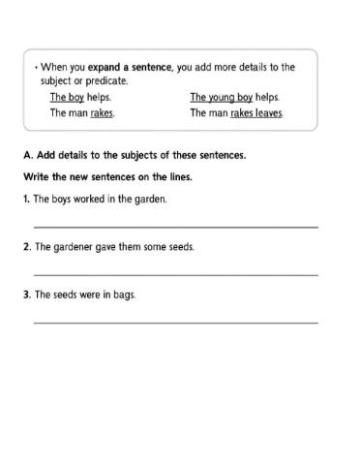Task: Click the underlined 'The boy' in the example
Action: (x=66, y=98)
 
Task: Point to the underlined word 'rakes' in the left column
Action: (x=102, y=113)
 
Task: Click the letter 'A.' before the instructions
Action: (x=27, y=155)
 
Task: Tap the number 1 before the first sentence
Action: (x=26, y=199)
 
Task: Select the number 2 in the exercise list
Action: (x=26, y=247)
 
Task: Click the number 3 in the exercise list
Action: (x=26, y=294)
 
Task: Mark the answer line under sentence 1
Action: (x=176, y=227)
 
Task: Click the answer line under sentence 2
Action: (x=176, y=275)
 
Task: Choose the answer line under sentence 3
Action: (x=176, y=323)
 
